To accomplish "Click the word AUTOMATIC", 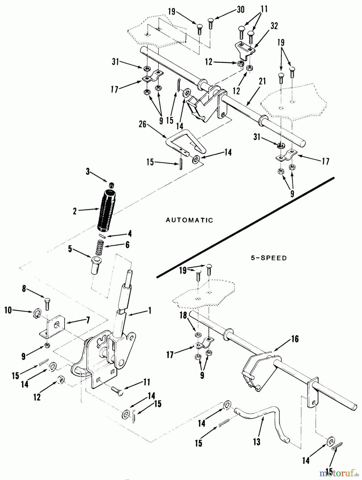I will pos(189,220).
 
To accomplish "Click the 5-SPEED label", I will pos(269,258).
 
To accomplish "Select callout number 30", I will pos(241,10).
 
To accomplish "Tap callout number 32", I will pos(274,26).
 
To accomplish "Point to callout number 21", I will pos(262,81).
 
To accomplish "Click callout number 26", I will pos(143,124).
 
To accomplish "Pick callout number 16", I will pos(295,339).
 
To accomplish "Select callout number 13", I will pos(256,442).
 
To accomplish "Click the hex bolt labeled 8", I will pos(47,303).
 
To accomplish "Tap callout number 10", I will pos(8,310).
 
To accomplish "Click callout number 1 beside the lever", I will pos(149,310).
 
